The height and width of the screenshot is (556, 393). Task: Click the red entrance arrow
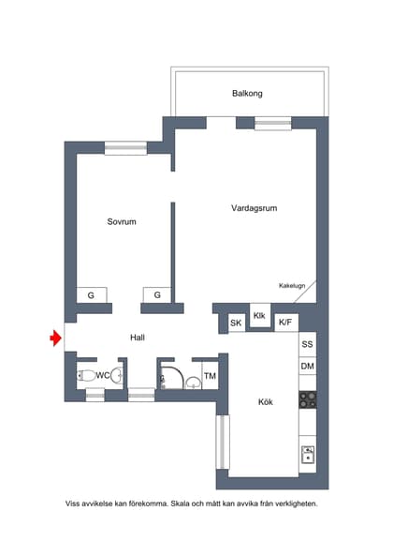click(55, 338)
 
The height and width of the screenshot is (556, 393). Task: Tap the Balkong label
click(247, 94)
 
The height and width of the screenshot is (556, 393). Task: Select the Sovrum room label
click(122, 221)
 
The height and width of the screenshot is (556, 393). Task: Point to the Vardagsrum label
click(254, 208)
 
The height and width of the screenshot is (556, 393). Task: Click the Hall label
click(138, 338)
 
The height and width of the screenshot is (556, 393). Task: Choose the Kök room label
click(266, 401)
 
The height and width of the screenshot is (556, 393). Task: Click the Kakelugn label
click(292, 285)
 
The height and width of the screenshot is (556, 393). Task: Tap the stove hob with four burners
click(308, 399)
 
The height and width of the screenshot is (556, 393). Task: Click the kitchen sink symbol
click(308, 455)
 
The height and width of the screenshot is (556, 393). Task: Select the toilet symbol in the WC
click(86, 375)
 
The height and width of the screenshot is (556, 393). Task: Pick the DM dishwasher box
click(308, 366)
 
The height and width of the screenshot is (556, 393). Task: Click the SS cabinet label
click(308, 344)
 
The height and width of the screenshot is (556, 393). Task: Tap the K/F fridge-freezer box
click(285, 322)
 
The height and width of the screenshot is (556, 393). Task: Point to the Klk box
click(259, 315)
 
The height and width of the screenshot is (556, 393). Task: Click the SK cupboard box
click(236, 323)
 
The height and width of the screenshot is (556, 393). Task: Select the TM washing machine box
click(210, 376)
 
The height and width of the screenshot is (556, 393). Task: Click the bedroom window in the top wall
click(125, 148)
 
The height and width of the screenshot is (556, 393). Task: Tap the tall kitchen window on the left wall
click(223, 443)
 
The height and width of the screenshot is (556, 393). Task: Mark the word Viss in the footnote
click(72, 503)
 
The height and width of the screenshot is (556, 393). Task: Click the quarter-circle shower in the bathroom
click(172, 377)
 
